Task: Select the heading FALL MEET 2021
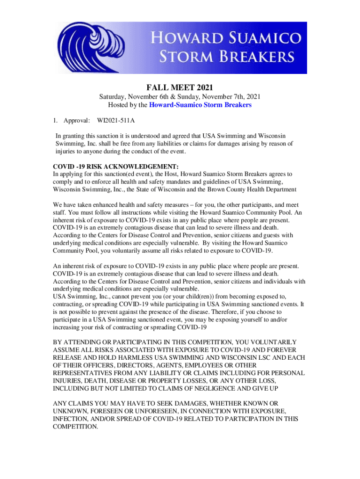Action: pos(180,87)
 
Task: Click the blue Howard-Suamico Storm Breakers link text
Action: pos(200,105)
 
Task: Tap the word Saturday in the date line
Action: pos(113,97)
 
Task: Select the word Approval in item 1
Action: pos(77,121)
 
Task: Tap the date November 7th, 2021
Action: pos(234,97)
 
